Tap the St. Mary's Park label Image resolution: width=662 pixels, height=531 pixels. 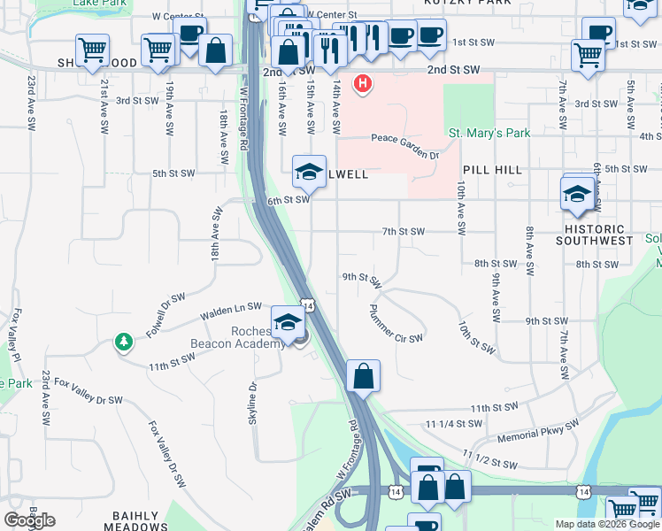click(x=489, y=134)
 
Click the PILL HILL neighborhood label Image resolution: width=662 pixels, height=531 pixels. click(x=491, y=169)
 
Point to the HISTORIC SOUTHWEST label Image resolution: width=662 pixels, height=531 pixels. click(x=594, y=240)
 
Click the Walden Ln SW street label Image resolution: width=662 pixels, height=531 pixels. click(x=231, y=307)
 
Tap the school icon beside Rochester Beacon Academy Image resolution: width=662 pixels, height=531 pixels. click(x=288, y=323)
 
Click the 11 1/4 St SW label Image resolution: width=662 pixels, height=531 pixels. click(x=454, y=425)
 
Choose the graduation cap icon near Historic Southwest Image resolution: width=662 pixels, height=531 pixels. click(x=577, y=194)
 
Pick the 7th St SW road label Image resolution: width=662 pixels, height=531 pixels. click(x=404, y=232)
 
